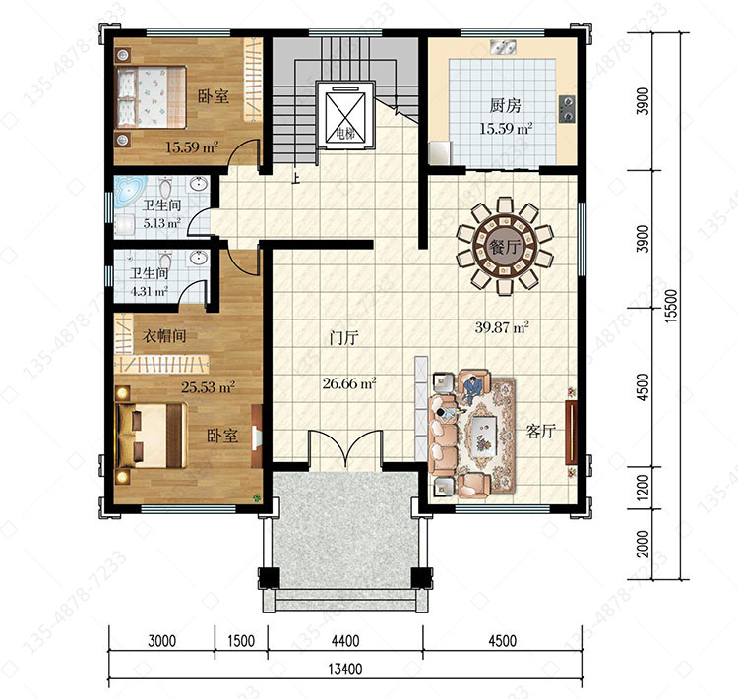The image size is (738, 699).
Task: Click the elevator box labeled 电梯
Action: click(345, 116)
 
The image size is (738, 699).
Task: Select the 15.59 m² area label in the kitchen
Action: click(506, 129)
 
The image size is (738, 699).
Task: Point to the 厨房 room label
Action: click(505, 105)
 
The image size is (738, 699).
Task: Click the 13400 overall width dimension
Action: click(345, 669)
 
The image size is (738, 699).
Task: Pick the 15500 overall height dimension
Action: click(671, 306)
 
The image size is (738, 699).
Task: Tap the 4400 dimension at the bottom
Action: click(345, 641)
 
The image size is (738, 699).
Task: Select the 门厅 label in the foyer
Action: click(344, 338)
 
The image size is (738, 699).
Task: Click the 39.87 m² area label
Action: click(502, 327)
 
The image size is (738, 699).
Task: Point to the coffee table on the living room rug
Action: click(484, 435)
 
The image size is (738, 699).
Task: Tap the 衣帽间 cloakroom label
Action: click(164, 336)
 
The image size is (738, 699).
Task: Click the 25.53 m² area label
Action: click(208, 387)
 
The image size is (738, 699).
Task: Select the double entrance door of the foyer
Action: click(345, 448)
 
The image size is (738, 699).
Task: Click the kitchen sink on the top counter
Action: click(503, 47)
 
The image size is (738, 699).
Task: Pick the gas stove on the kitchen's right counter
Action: click(567, 109)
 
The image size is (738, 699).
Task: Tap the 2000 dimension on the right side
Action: click(643, 545)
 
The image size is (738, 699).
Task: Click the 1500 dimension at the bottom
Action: click(241, 641)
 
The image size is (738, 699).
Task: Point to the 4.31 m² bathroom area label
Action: click(149, 292)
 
